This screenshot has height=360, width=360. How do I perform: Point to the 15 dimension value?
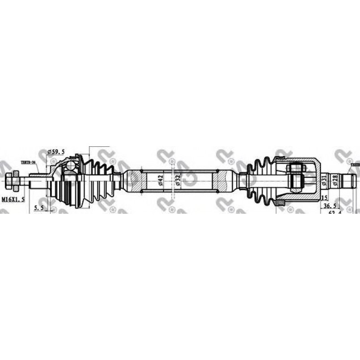(324, 197)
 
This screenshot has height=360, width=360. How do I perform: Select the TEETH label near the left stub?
(28, 163)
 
